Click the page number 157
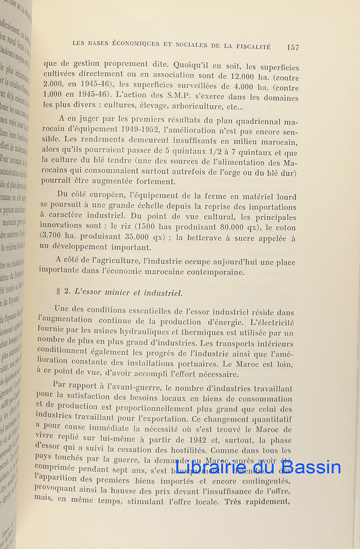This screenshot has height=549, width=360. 293,47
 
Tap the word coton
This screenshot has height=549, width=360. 285,227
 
